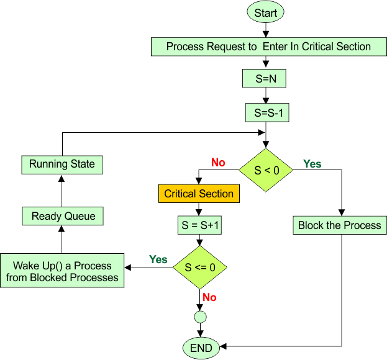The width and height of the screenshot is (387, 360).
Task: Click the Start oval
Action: (266, 12)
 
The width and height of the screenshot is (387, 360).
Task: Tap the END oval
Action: (201, 348)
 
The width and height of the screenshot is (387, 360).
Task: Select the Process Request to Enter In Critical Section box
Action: (268, 47)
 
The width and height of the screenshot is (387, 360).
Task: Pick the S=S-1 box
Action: (266, 113)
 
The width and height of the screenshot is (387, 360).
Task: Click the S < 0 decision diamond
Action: (266, 169)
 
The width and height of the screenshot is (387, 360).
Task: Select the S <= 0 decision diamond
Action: (199, 268)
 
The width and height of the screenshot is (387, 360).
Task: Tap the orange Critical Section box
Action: (199, 194)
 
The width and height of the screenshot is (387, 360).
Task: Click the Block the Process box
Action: (340, 225)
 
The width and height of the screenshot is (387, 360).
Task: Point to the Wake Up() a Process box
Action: (62, 271)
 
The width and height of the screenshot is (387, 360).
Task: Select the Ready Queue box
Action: (63, 216)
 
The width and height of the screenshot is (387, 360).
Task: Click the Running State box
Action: (62, 164)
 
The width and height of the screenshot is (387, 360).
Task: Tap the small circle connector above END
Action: (199, 317)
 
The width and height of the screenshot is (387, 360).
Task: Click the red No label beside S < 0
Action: (218, 163)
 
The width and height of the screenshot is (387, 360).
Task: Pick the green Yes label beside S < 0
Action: (312, 164)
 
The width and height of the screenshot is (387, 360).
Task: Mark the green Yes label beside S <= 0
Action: (158, 259)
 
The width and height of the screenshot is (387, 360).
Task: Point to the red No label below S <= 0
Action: (209, 298)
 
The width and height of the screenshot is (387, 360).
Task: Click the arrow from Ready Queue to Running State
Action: (62, 191)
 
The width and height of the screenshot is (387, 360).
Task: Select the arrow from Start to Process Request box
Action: (266, 29)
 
